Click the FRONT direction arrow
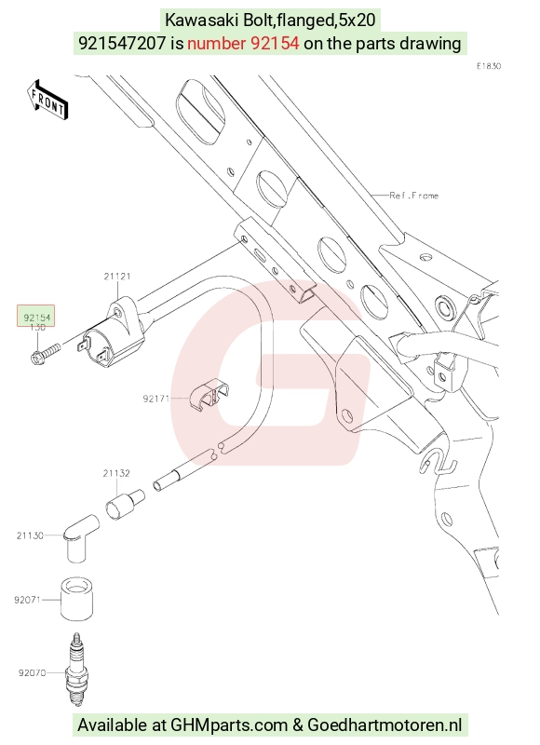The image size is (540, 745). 47,101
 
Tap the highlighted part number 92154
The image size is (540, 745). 36,318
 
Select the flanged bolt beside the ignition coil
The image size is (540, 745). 46,354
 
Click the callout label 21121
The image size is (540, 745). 117,276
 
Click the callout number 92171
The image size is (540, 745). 156,399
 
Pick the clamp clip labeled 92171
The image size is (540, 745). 208,395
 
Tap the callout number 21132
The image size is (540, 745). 116,473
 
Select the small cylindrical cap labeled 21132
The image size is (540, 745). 125,505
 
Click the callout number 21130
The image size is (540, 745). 30,535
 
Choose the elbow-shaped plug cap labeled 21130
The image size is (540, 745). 80,538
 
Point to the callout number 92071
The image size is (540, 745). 27,600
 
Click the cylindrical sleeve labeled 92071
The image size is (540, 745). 76,599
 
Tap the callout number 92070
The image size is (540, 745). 32,672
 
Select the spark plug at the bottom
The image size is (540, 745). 76,669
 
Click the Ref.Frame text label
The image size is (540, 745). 413,196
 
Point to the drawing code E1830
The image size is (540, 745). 489,66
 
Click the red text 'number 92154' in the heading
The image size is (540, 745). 243,43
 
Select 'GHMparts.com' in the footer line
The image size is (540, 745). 229,725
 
